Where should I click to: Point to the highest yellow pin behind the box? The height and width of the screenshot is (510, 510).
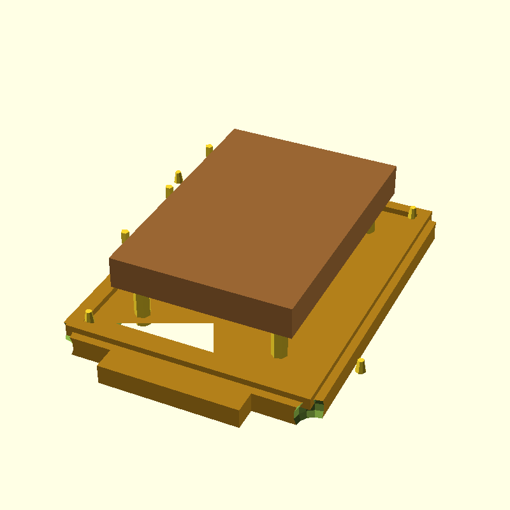[x=209, y=150]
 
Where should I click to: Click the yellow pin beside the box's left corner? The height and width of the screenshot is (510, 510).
[x=125, y=235]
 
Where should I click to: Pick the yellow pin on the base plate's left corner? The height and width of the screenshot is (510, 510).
[x=89, y=315]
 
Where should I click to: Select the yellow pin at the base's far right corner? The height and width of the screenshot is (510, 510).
[x=412, y=212]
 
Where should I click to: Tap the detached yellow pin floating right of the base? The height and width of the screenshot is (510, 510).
[x=361, y=366]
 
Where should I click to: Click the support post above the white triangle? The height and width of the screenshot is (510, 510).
[x=142, y=306]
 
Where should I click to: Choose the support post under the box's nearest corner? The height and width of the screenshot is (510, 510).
[x=279, y=346]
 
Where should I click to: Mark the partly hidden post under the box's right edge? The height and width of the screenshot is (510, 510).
[x=370, y=226]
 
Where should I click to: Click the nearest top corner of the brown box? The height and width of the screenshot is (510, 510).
[x=292, y=311]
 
